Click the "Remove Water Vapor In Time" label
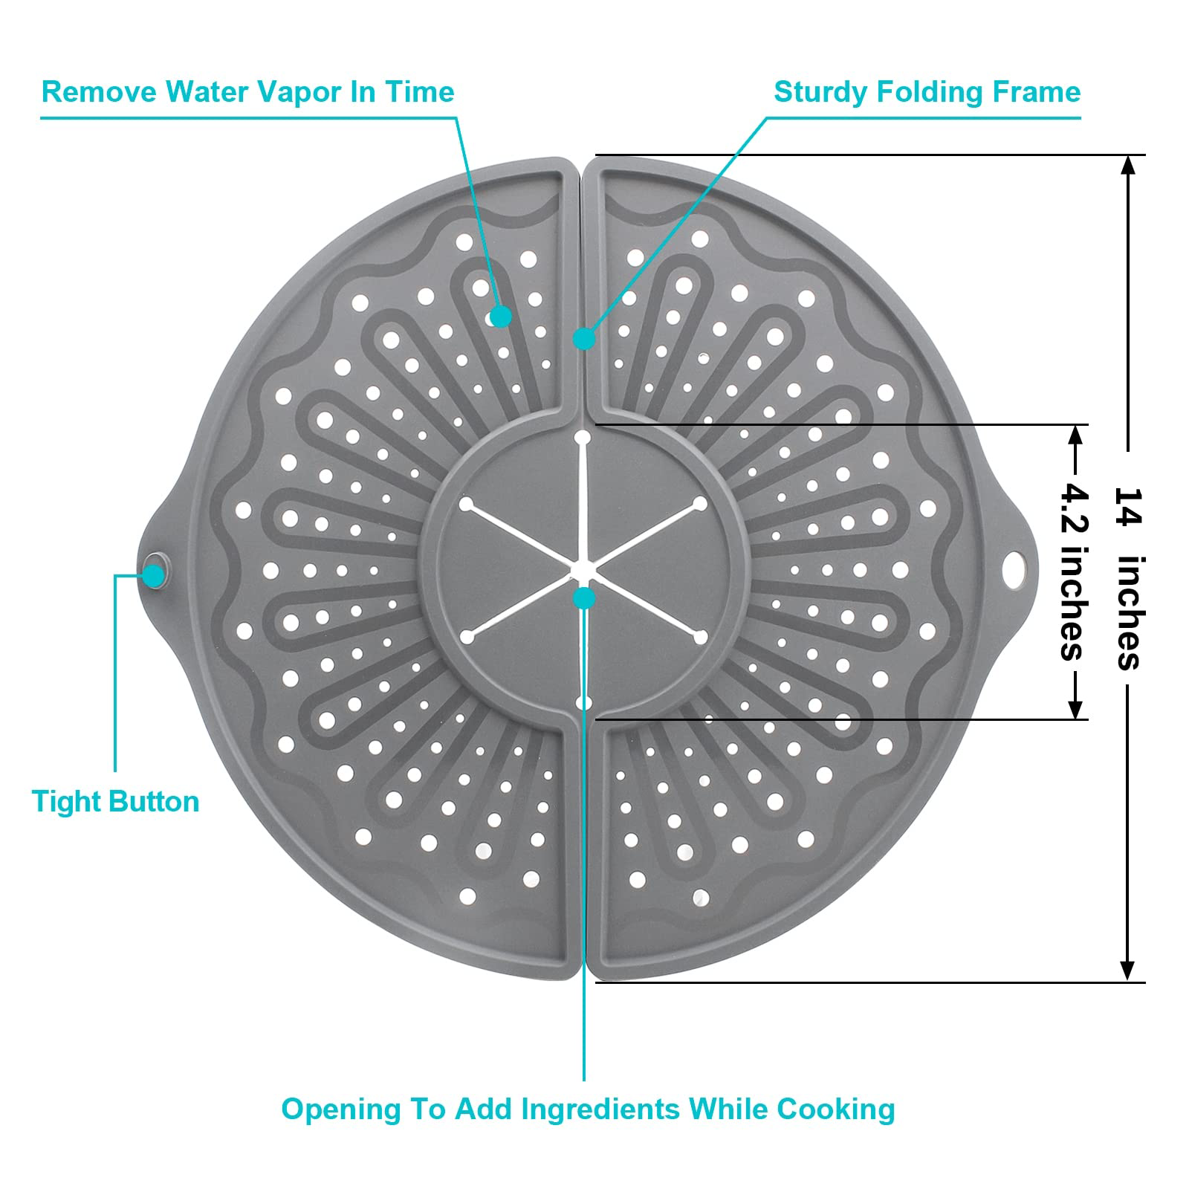pyautogui.click(x=247, y=92)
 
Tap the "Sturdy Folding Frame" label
pyautogui.click(x=927, y=92)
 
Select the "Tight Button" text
pyautogui.click(x=115, y=802)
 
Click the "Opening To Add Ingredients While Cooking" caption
pyautogui.click(x=588, y=1109)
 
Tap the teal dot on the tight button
pyautogui.click(x=155, y=574)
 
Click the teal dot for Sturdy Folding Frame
pyautogui.click(x=584, y=339)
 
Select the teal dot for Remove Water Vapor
pyautogui.click(x=502, y=316)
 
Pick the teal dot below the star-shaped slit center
pyautogui.click(x=584, y=597)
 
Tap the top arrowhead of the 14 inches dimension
pyautogui.click(x=1128, y=165)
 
